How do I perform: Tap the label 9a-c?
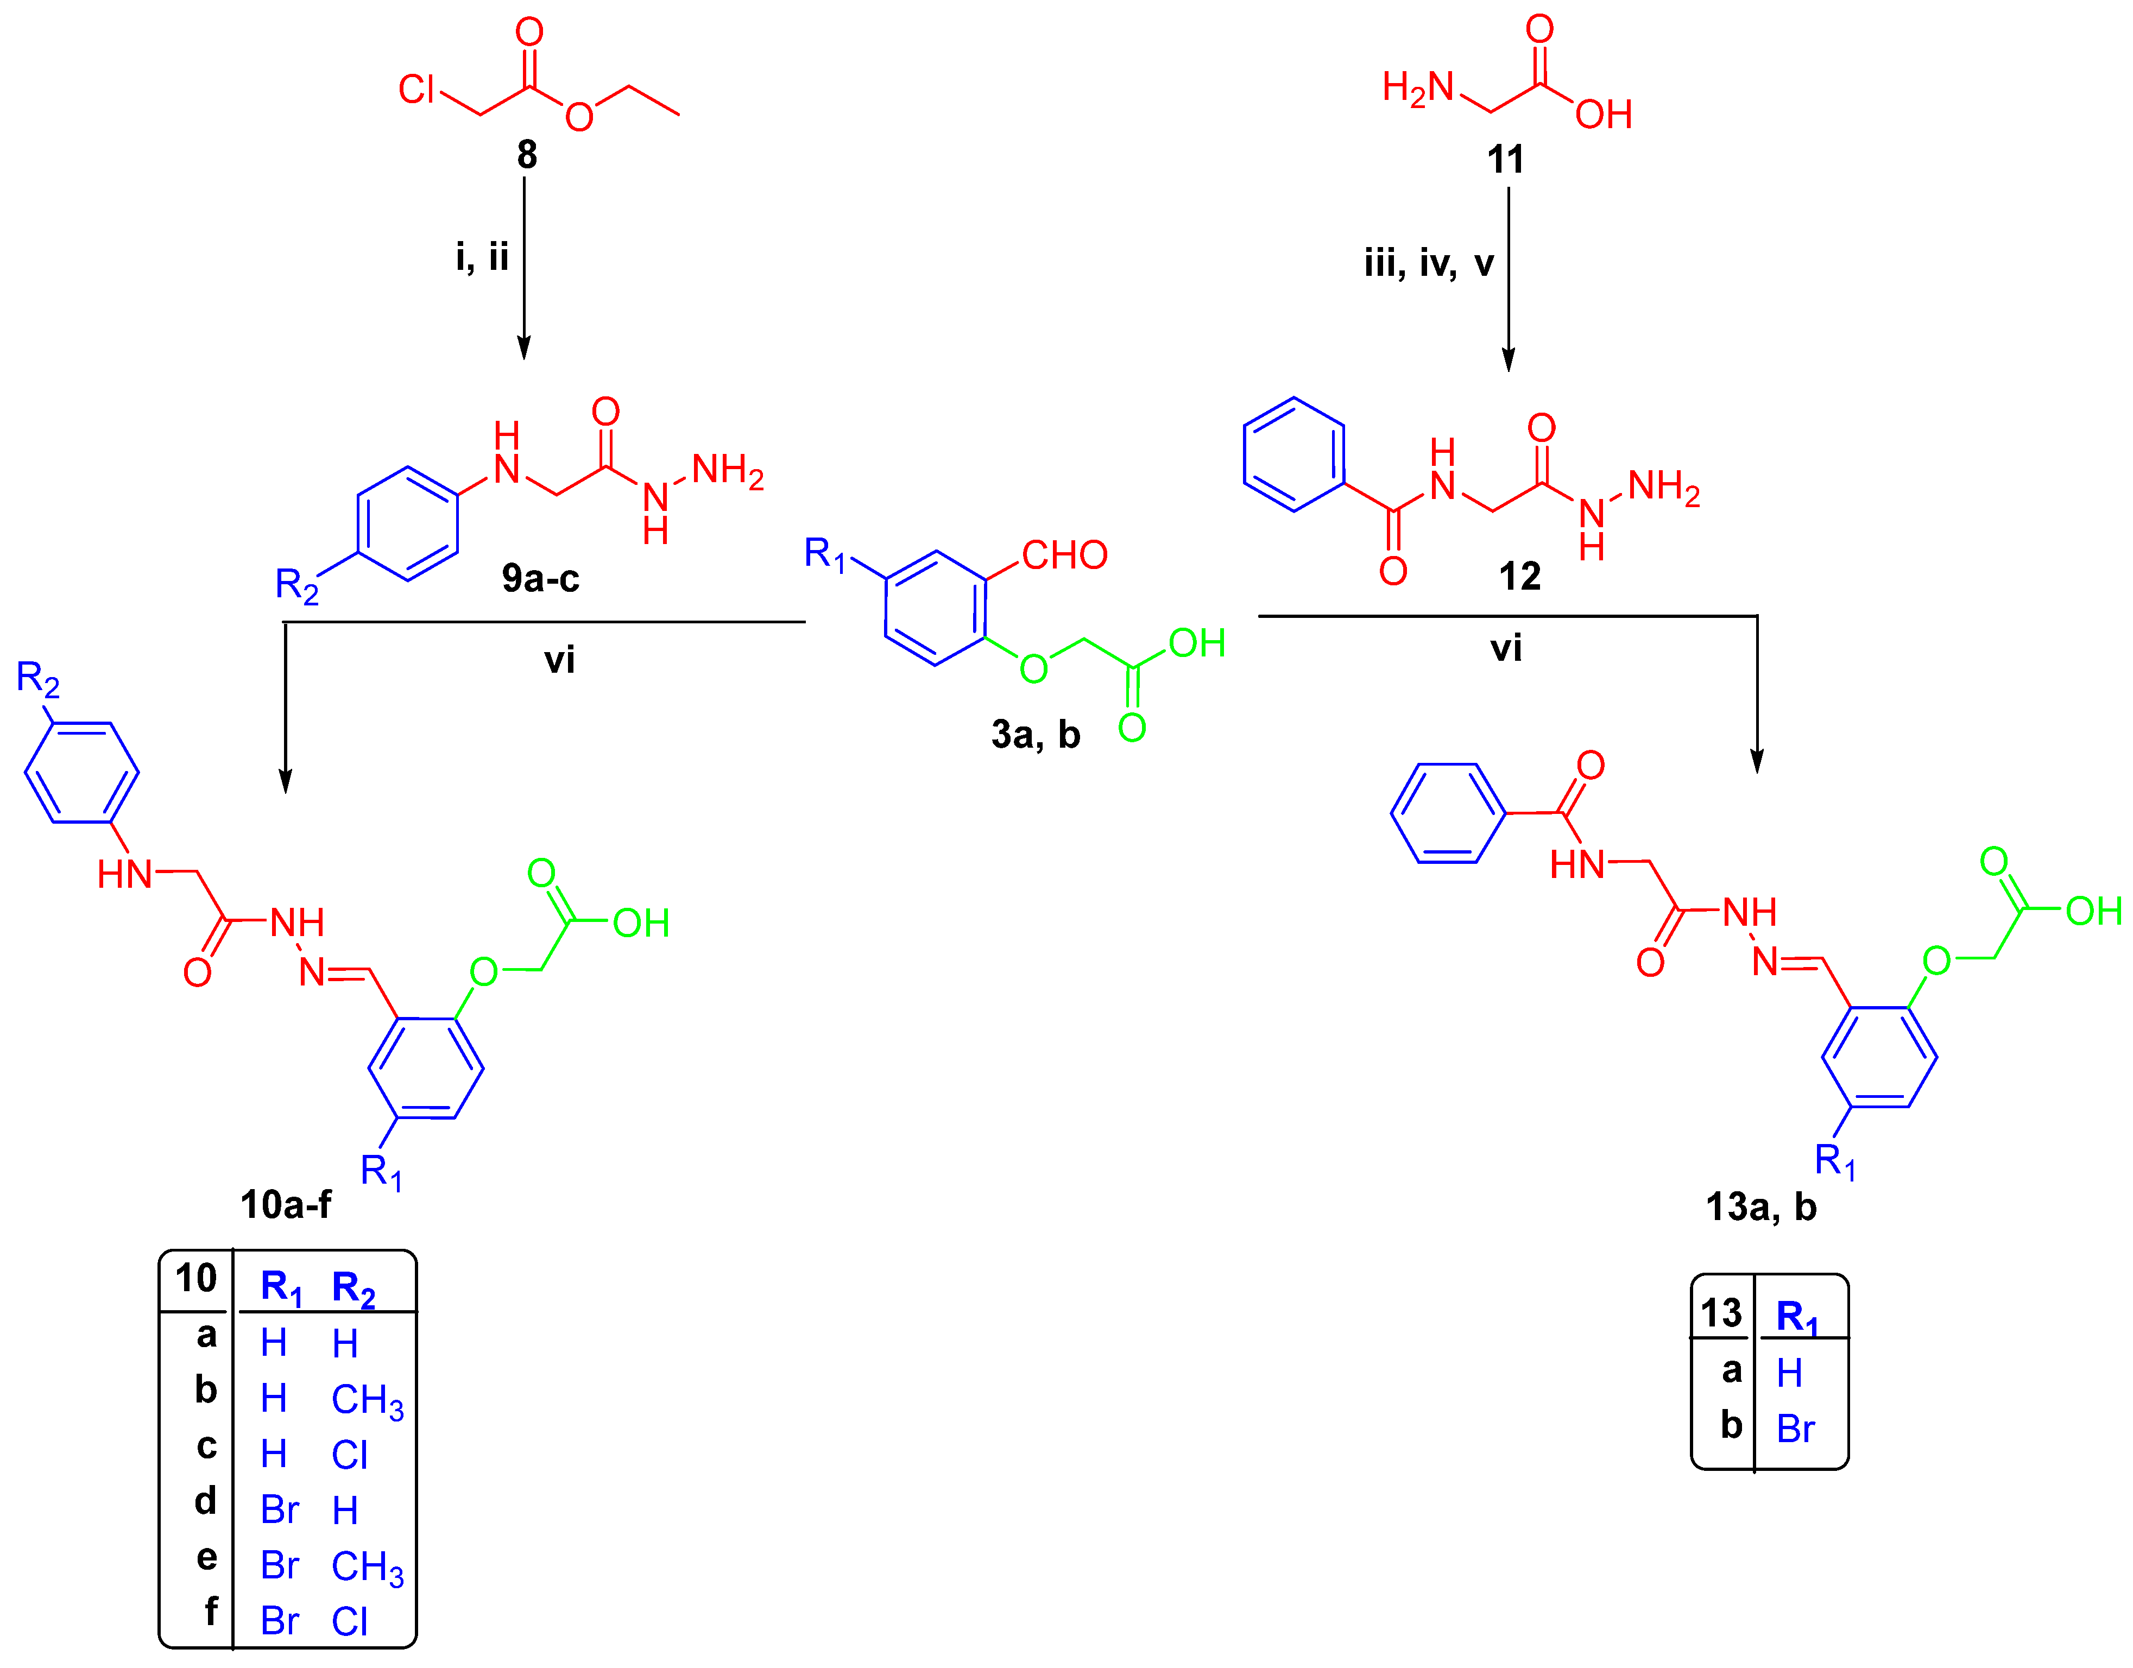tap(540, 578)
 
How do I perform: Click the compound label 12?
tap(1520, 576)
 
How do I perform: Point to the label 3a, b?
tap(1035, 735)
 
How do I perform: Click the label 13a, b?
tap(1761, 1207)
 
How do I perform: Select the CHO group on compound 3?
tap(1064, 555)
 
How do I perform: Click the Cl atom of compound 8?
tap(416, 90)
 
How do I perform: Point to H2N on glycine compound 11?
tap(1418, 88)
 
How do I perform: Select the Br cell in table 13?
tap(1795, 1429)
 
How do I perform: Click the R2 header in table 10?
tap(352, 1288)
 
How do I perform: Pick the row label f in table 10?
tap(210, 1612)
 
